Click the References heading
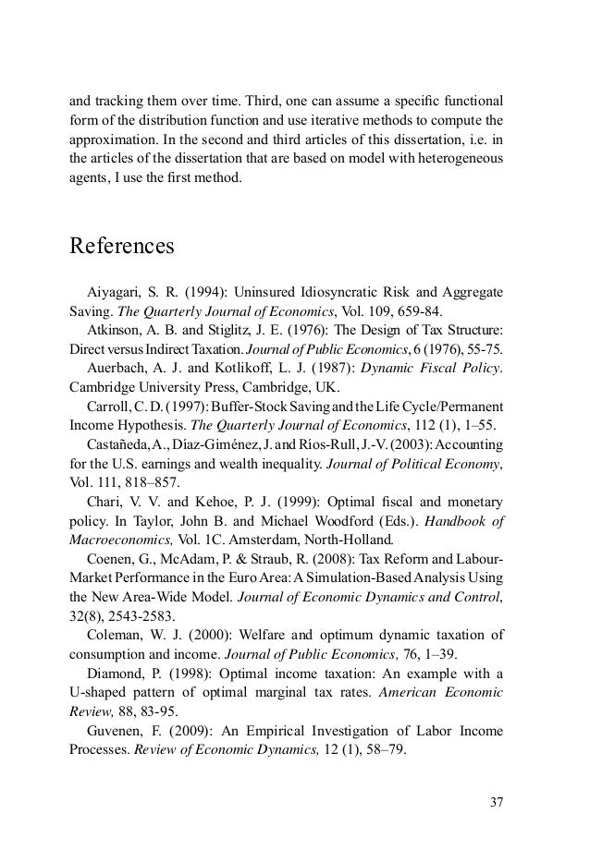pos(122,248)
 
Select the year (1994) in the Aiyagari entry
pos(205,293)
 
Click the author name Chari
pos(104,502)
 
